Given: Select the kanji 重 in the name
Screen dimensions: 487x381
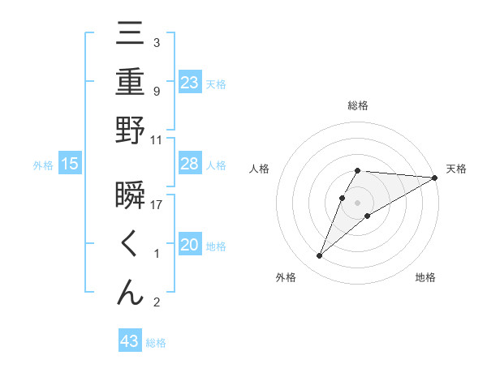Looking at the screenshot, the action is [x=130, y=83].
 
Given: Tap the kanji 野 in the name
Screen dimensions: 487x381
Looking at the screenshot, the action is [x=130, y=131].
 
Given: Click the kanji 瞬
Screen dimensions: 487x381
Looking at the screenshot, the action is [x=130, y=195].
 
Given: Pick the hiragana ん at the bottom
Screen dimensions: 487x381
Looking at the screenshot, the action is [x=130, y=293].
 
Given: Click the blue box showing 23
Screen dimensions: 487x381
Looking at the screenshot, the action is [x=190, y=83].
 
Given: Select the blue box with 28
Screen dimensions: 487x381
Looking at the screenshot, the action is [x=190, y=164].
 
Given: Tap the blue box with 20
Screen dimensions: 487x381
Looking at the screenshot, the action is [x=190, y=245].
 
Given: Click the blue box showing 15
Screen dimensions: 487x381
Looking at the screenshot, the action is [x=70, y=165].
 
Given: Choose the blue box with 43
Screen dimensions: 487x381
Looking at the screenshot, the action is [x=130, y=341].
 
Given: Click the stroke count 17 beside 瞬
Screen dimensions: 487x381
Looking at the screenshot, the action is [x=157, y=204].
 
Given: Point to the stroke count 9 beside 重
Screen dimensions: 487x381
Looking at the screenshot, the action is [x=156, y=91].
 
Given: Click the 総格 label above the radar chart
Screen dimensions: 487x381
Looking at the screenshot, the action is [x=358, y=105].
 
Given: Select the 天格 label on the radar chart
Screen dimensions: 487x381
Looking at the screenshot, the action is [x=456, y=169].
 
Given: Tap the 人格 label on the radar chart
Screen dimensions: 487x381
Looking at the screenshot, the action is [x=260, y=169].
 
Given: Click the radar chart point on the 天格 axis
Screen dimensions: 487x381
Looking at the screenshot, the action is [x=435, y=178].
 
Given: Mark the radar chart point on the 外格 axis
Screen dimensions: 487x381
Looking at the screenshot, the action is [x=320, y=256].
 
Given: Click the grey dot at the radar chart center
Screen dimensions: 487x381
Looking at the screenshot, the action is [x=358, y=202].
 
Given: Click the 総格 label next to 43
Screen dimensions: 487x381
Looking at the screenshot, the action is [x=156, y=343].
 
